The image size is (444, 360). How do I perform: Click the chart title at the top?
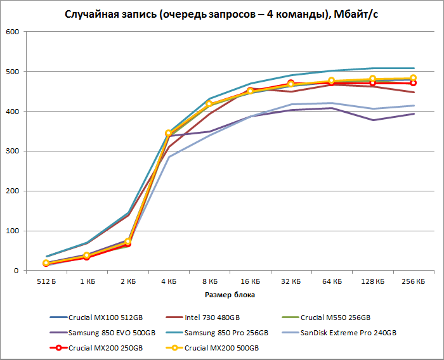coord(221,14)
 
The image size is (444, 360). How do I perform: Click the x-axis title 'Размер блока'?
coord(230,295)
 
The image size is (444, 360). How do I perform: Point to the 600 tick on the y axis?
coord(12,32)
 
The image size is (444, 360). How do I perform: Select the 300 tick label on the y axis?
coord(12,151)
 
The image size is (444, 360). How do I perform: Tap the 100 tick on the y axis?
coord(12,231)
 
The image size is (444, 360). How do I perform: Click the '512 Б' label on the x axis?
coord(46,280)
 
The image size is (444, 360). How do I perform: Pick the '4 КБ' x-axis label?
coord(168,280)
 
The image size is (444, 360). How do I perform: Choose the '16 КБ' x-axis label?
coord(250,280)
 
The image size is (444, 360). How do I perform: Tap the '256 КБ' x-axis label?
coord(413,280)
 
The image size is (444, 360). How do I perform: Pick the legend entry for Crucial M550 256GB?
coord(335,317)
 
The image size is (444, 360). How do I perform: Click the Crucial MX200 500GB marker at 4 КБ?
coord(168,133)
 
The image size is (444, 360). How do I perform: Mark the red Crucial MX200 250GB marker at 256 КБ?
coord(413,83)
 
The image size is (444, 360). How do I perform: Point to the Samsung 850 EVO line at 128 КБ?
coord(372,120)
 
